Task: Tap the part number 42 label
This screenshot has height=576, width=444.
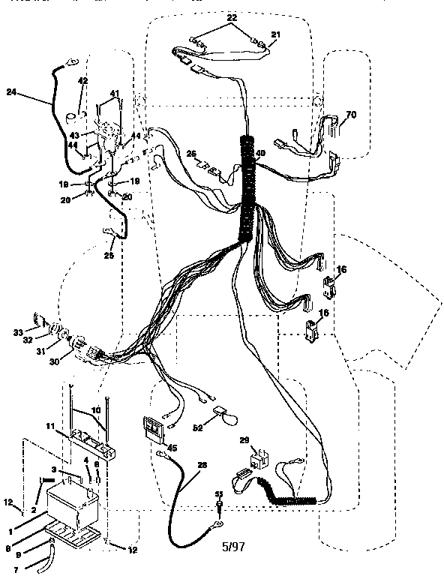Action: (83, 80)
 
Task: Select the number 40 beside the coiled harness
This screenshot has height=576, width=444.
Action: (260, 154)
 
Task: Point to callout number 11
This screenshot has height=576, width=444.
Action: (50, 425)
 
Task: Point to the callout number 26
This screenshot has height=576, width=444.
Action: (191, 154)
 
